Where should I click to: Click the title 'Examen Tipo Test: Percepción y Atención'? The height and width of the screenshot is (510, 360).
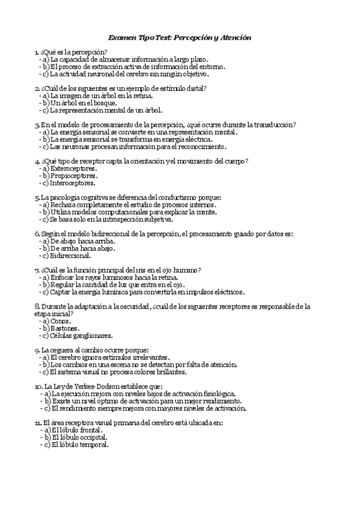coord(180,38)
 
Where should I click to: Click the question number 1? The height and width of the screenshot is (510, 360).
coord(37,52)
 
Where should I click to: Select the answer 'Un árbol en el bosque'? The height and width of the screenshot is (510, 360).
coord(79,103)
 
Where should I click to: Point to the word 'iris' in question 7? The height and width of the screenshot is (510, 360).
coord(132,270)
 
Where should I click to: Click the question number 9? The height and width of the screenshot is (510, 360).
coord(37,350)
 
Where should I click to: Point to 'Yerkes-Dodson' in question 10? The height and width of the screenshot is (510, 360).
coord(90,386)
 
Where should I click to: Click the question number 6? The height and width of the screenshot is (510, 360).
coord(37,233)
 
